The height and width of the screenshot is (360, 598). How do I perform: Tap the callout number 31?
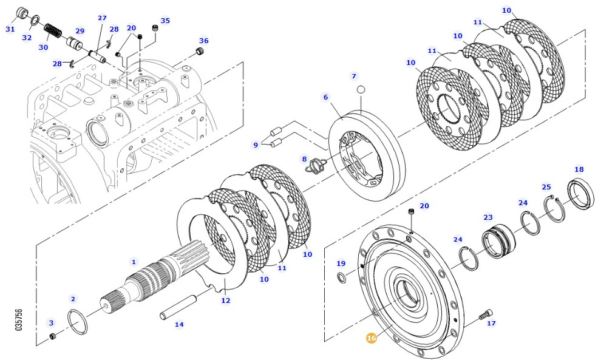[x=10, y=29]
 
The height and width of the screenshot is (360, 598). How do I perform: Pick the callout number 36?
[x=204, y=41]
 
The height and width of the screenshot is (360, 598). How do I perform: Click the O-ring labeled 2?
[x=77, y=321]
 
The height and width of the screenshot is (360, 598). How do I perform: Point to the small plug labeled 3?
[x=52, y=336]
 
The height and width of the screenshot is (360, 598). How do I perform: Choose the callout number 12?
[x=225, y=300]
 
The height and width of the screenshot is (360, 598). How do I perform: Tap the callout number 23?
[x=488, y=217]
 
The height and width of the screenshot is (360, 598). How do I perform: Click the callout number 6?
[x=325, y=97]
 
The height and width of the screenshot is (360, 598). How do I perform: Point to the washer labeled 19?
[x=343, y=278]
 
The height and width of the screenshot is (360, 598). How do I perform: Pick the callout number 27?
[x=102, y=18]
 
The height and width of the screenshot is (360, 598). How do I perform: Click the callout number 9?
[x=256, y=144]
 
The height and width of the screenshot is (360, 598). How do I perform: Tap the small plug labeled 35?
[x=155, y=29]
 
